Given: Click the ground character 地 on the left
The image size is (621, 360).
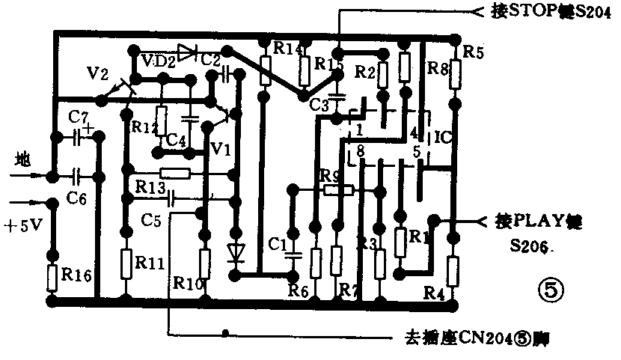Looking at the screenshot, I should [x=24, y=159].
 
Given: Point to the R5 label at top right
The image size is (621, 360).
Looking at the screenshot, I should [x=474, y=53].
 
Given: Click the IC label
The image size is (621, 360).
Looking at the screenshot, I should [x=443, y=138].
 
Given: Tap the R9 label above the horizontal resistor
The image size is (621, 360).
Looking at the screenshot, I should [x=330, y=176].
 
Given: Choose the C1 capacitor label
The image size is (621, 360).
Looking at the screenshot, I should [x=278, y=243].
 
